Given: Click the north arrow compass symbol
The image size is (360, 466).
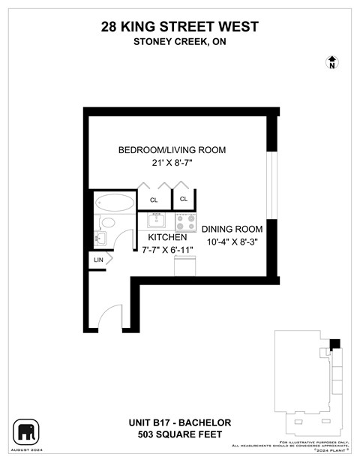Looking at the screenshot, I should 331,62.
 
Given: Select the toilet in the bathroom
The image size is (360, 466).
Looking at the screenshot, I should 107,222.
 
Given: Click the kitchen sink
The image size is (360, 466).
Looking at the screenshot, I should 157,221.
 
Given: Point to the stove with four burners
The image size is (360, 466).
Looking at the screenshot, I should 185,221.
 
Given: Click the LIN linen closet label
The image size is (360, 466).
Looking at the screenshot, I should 98,260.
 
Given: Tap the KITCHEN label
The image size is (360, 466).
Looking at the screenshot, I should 166,237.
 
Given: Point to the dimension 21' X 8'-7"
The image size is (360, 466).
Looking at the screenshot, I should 172,164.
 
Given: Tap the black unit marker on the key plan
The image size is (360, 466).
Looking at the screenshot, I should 334,344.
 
